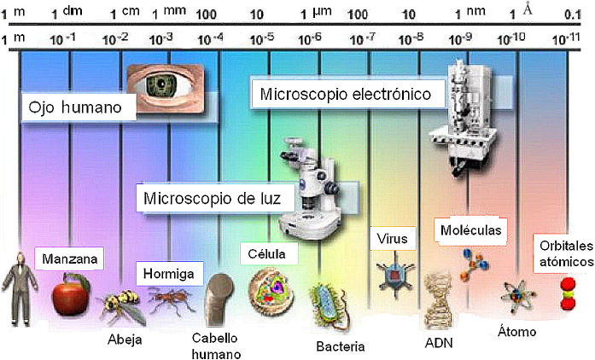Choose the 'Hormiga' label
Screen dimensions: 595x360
point(170,275)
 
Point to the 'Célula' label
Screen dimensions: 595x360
point(268,254)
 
